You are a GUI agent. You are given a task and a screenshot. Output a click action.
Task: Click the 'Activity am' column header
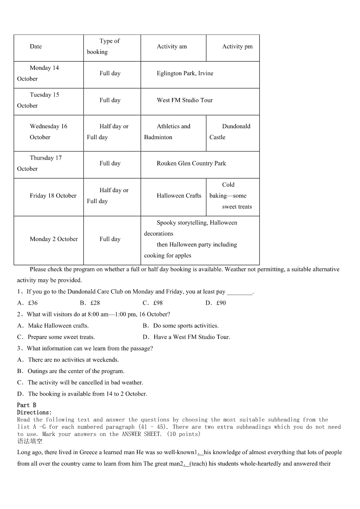coord(172,47)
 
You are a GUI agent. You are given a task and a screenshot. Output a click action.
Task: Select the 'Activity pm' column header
coord(237,47)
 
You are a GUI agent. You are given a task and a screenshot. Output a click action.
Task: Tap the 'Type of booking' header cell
coord(110,47)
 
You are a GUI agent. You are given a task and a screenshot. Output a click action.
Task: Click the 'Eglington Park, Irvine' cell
coord(185,73)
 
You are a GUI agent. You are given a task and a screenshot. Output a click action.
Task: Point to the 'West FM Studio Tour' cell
coord(185,100)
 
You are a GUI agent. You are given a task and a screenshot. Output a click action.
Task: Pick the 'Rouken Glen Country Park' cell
coord(191,164)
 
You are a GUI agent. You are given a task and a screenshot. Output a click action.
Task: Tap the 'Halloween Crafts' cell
coord(179,196)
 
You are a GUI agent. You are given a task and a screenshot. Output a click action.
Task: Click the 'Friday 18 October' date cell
coord(53,196)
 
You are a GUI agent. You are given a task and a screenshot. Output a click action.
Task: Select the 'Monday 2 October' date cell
coord(54,239)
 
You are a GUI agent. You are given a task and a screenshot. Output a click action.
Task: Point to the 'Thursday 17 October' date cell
coord(45,164)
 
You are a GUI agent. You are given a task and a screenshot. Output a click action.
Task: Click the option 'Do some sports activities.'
coord(185,326)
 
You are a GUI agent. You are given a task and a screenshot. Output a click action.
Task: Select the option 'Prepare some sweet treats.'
coord(61,337)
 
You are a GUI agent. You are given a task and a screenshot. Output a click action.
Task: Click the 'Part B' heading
coord(27,405)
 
